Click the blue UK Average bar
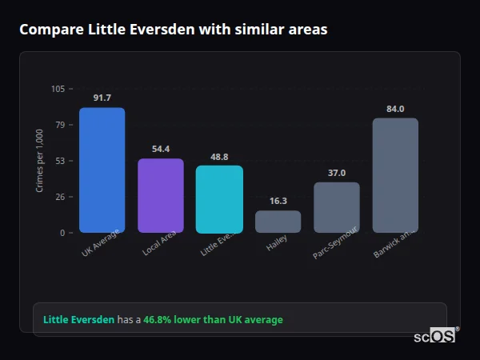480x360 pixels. coord(102,170)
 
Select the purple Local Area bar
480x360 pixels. coord(160,196)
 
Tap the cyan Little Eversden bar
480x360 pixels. coord(219,199)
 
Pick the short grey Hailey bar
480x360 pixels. coord(278,222)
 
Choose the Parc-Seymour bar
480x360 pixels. coord(336,207)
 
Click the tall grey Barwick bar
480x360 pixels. coord(395,175)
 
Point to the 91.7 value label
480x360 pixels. coord(102,98)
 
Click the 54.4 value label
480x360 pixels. coord(160,149)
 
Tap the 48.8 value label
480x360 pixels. coord(219,157)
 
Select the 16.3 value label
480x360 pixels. coord(278,202)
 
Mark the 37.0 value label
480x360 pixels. coord(336,173)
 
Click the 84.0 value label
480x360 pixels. coord(395,109)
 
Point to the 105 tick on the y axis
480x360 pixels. coord(58,89)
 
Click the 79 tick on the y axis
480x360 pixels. coord(60,125)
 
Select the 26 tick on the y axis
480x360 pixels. coord(60,197)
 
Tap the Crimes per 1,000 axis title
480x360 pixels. coord(40,161)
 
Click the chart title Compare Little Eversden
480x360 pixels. coord(173,29)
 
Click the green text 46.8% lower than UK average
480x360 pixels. coord(213,320)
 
